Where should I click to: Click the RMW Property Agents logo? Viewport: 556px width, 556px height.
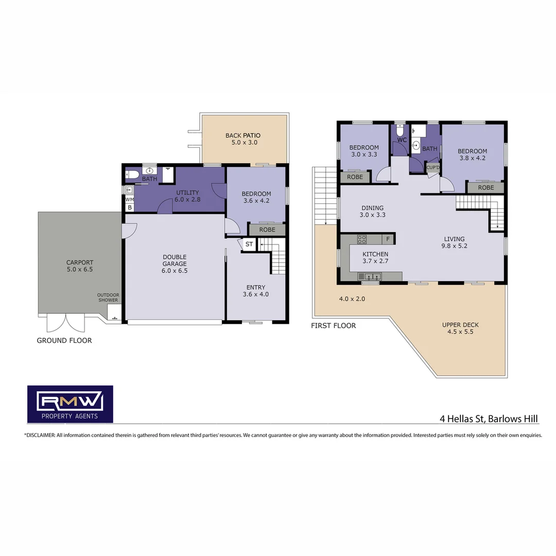[x=70, y=404]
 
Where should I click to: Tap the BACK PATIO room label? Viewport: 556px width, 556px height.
[x=242, y=139]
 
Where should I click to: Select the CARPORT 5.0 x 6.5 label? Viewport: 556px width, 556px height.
[x=80, y=266]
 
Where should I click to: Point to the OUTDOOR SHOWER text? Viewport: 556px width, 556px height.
[x=108, y=298]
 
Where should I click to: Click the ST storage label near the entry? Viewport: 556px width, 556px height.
[x=249, y=244]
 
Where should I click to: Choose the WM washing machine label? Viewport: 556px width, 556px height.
[x=129, y=199]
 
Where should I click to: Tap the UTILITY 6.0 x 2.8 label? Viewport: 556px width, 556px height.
[x=186, y=196]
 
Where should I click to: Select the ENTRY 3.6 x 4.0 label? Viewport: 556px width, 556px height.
[x=256, y=291]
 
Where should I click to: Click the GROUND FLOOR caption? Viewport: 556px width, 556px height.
[x=64, y=340]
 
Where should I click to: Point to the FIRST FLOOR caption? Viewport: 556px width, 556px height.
[x=333, y=325]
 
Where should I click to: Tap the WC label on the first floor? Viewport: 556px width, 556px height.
[x=402, y=140]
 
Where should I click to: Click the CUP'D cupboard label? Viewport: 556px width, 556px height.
[x=433, y=167]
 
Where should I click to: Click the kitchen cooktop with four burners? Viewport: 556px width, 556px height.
[x=362, y=239]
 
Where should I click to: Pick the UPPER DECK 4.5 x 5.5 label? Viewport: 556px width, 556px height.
[x=460, y=328]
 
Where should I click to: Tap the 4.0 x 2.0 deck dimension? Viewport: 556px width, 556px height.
[x=352, y=299]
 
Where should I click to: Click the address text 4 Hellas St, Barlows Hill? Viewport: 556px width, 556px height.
[x=489, y=419]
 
